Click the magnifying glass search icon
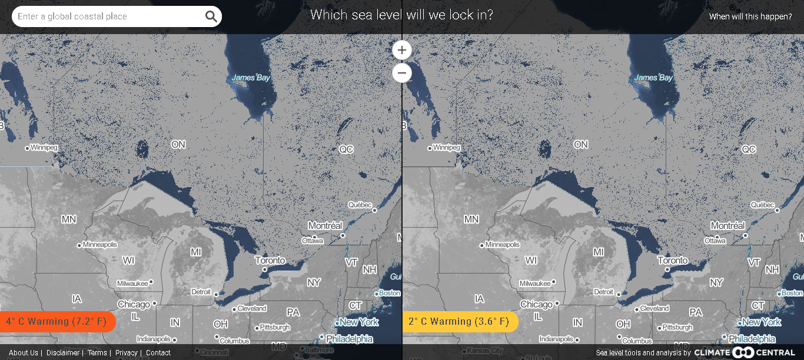click(211, 16)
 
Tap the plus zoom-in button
click(402, 50)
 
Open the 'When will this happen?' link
click(750, 16)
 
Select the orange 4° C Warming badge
click(57, 322)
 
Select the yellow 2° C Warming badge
click(459, 322)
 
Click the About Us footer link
click(24, 353)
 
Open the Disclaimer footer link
click(63, 353)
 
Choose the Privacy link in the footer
click(127, 353)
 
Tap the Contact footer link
click(158, 353)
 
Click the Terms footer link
click(97, 353)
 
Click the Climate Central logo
click(745, 352)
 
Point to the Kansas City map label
click(486, 352)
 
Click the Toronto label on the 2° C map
click(673, 260)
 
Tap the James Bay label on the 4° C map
click(251, 77)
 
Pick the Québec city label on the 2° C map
click(762, 205)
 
